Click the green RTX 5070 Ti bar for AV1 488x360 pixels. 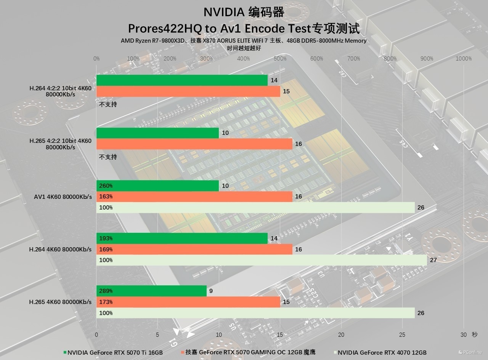157,186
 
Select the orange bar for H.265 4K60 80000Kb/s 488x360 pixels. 188,302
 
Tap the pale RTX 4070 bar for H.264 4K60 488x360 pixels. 262,260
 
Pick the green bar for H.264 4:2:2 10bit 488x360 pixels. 182,80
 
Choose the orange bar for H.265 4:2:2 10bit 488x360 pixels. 194,144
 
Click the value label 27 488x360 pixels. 433,260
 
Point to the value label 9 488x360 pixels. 211,291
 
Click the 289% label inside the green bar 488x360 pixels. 106,291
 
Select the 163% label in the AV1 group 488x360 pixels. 106,197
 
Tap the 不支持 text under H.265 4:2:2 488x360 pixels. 108,157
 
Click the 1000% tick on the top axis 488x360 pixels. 464,59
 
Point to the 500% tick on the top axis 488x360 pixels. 280,59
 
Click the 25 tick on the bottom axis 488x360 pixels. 402,335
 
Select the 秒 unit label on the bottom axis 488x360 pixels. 474,335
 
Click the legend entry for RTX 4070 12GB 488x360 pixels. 382,352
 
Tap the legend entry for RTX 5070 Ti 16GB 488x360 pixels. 115,352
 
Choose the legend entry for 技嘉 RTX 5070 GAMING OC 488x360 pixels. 250,352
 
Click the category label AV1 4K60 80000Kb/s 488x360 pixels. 63,197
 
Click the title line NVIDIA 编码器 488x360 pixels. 244,12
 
